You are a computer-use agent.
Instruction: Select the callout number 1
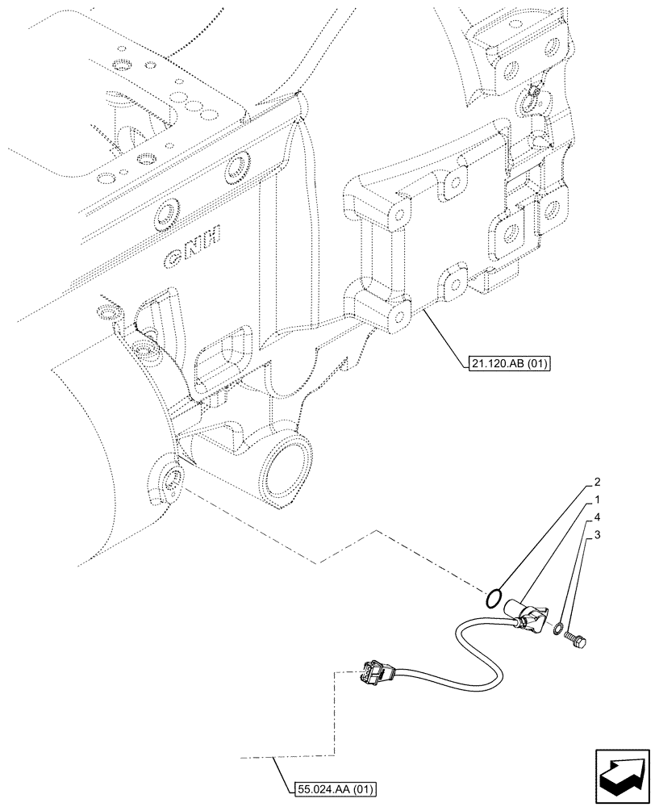click(598, 500)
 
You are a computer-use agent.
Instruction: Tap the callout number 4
click(598, 516)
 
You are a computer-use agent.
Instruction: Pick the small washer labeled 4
click(557, 627)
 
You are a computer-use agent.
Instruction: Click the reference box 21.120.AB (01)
click(507, 363)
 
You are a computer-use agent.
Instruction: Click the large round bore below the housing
click(286, 469)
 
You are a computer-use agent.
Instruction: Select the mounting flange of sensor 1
click(535, 621)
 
